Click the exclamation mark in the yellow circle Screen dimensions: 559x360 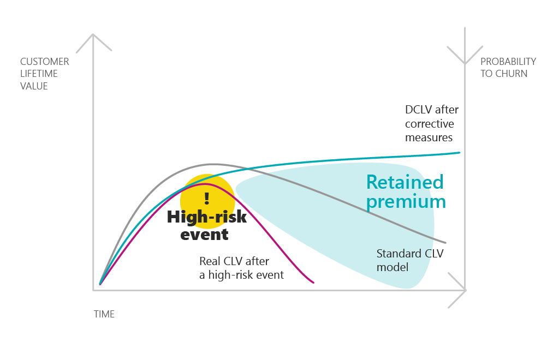[207, 199]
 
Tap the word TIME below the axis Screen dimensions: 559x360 [104, 314]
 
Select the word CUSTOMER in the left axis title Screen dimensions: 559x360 [45, 62]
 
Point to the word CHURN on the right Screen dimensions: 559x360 [510, 74]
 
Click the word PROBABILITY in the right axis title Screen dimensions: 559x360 [508, 62]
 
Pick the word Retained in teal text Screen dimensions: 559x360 [405, 182]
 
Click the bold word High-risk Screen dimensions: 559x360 [207, 217]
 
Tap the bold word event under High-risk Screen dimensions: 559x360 [204, 235]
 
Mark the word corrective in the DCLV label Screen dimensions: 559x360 [430, 124]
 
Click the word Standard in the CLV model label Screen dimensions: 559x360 [398, 254]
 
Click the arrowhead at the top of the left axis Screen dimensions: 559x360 [93, 34]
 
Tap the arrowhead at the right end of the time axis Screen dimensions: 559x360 [465, 290]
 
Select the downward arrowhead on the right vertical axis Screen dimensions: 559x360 [465, 63]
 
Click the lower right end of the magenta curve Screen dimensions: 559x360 [313, 283]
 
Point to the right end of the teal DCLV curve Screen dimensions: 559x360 [460, 153]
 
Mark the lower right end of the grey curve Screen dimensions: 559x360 [445, 243]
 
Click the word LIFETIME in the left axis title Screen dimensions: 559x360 [39, 74]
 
